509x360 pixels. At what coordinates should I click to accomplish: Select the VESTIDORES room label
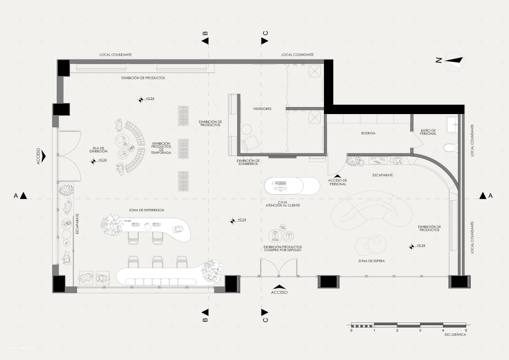point(262,109)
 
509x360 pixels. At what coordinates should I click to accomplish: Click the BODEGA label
point(368,133)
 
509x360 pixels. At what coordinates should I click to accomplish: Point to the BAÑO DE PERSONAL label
point(429,133)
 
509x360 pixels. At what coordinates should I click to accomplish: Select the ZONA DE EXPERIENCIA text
point(146,210)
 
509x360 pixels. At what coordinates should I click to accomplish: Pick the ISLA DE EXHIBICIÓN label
point(99,149)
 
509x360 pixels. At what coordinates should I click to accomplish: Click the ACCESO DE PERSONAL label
point(337,182)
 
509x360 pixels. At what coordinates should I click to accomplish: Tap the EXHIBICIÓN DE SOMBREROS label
point(249,162)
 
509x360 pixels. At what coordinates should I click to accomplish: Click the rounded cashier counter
point(292,186)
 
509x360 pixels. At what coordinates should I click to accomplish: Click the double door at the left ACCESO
point(69,155)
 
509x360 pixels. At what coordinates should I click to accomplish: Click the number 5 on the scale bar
point(466,330)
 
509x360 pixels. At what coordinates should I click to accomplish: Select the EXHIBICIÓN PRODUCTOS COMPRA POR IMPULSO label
point(283,249)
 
